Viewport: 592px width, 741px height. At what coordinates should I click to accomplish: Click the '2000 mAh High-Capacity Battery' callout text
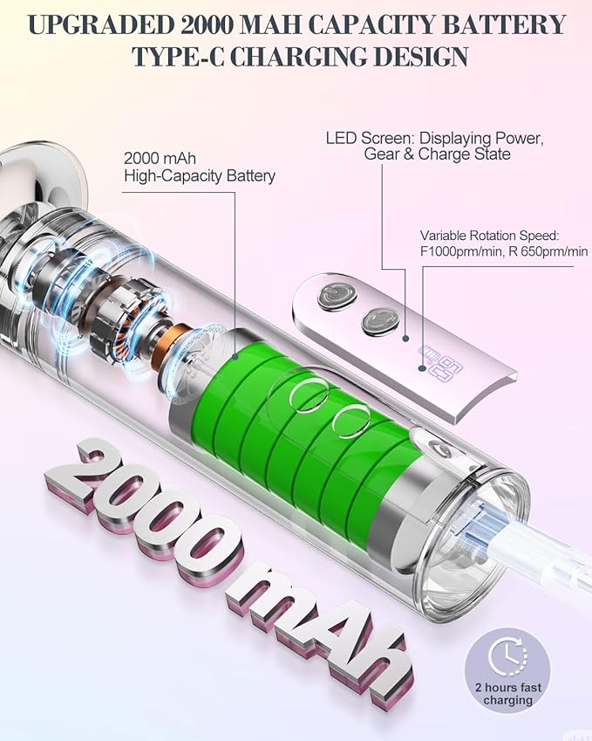click(x=199, y=167)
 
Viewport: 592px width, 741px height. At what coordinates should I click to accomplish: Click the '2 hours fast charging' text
click(x=508, y=693)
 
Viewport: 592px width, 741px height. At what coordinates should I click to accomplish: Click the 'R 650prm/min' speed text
click(x=548, y=251)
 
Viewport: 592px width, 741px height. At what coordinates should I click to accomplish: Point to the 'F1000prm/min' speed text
click(x=461, y=251)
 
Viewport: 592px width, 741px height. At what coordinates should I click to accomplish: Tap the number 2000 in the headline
click(x=207, y=24)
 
